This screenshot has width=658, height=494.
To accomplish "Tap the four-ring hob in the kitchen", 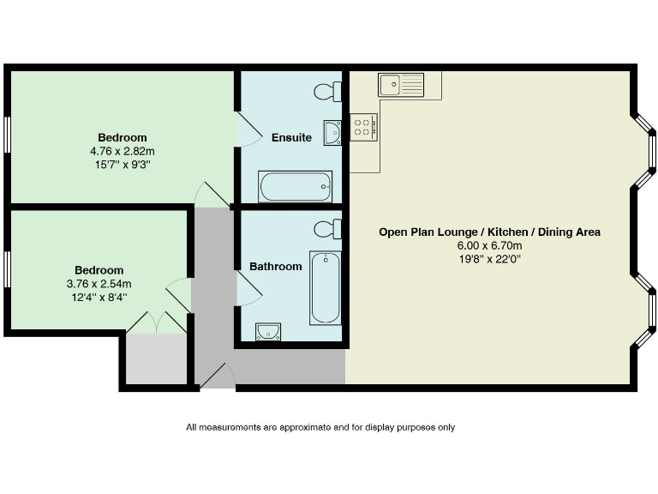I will (x=363, y=128).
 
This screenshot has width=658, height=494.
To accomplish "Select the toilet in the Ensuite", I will (x=327, y=92).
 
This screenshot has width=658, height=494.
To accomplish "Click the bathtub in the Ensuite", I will (x=296, y=185).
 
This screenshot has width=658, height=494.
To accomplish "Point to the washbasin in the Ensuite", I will (x=332, y=133).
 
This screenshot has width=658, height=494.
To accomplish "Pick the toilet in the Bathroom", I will (x=327, y=229).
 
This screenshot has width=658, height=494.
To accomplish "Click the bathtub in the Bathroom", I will (x=325, y=287).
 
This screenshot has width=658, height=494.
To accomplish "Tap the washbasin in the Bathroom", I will (x=267, y=331).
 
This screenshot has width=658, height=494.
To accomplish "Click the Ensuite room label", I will (x=291, y=138).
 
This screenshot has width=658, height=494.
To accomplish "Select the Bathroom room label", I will (x=275, y=267).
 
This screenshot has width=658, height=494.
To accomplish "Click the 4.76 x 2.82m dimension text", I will (x=122, y=151).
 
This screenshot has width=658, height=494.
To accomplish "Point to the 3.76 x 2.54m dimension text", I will (x=99, y=284).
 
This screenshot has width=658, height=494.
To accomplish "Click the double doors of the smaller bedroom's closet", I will (x=157, y=322).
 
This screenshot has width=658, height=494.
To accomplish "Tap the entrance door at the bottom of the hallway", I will (x=218, y=377).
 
